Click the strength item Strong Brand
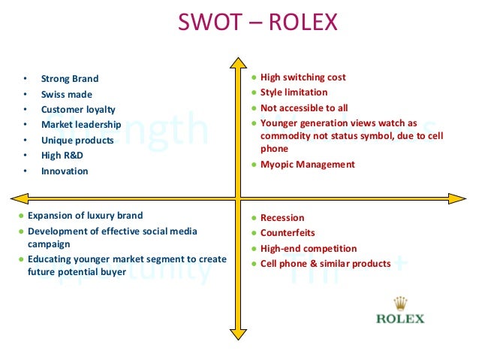tap(70, 78)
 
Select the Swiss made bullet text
tap(68, 94)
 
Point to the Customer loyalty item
tap(78, 109)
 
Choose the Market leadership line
tap(81, 124)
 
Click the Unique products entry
tap(77, 140)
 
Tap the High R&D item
tap(62, 155)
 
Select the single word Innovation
tap(65, 171)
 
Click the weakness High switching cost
tap(303, 77)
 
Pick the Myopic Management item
tap(307, 164)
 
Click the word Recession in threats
tap(282, 218)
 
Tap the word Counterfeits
tap(288, 233)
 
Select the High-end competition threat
tap(309, 248)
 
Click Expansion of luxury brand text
tap(85, 215)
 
